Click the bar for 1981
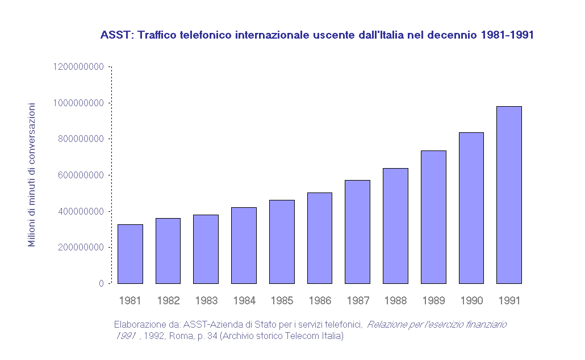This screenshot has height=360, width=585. coord(130,254)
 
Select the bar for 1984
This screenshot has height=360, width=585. coord(244,245)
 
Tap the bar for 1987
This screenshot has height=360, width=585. coord(357,232)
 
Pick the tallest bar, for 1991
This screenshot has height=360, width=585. coord(509,195)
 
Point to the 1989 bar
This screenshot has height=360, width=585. coord(433,217)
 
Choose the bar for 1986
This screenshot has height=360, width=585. coord(319,238)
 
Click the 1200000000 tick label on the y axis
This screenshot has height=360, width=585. coord(78,67)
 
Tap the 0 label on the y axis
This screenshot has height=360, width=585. coord(101,283)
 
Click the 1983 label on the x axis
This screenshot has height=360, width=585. coord(206,300)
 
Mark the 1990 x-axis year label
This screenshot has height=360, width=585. coord(471,300)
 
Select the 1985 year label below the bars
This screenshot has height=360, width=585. coord(282,300)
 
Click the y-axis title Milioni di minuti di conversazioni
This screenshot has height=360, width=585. coord(32,175)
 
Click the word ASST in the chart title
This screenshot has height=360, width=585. coord(115,35)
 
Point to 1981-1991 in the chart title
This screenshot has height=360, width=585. coord(507,35)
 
